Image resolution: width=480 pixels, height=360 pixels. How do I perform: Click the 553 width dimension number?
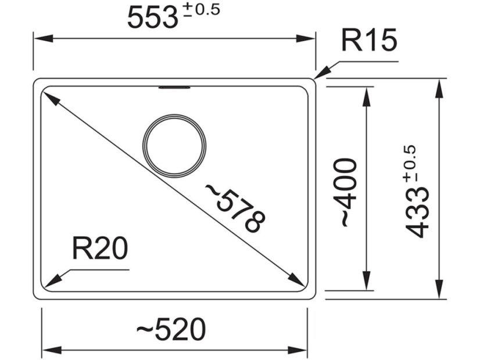152,18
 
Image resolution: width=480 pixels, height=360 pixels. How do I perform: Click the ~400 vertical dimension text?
348,192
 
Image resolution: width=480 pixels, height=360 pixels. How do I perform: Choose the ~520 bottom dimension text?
171,330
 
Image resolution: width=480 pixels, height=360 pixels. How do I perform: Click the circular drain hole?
175,145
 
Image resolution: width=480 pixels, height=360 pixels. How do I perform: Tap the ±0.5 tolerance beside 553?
202,10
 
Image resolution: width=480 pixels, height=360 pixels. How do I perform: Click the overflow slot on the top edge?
174,88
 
